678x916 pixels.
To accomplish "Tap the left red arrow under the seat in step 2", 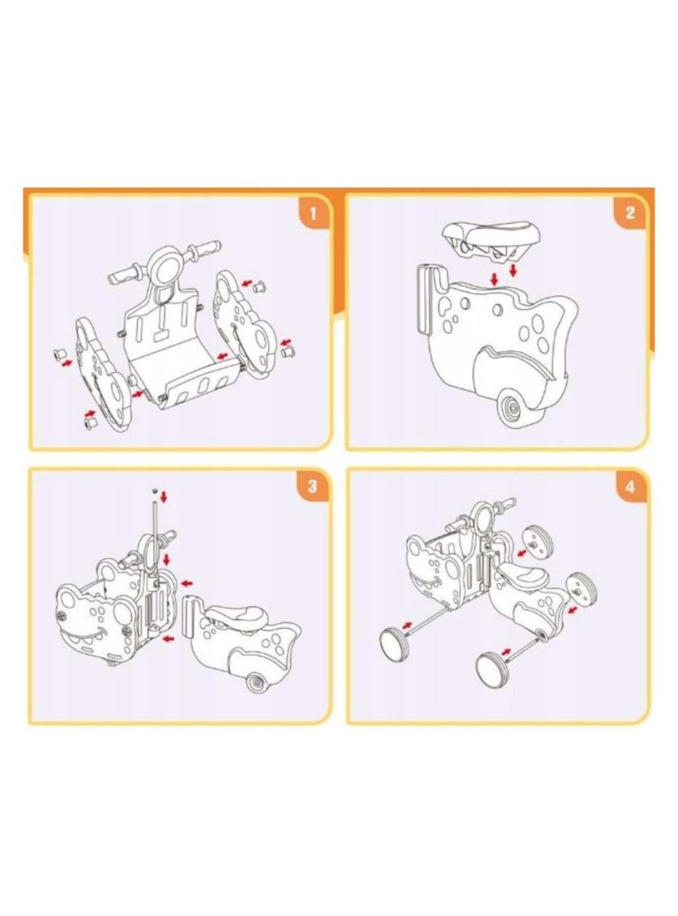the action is pos(495,280).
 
